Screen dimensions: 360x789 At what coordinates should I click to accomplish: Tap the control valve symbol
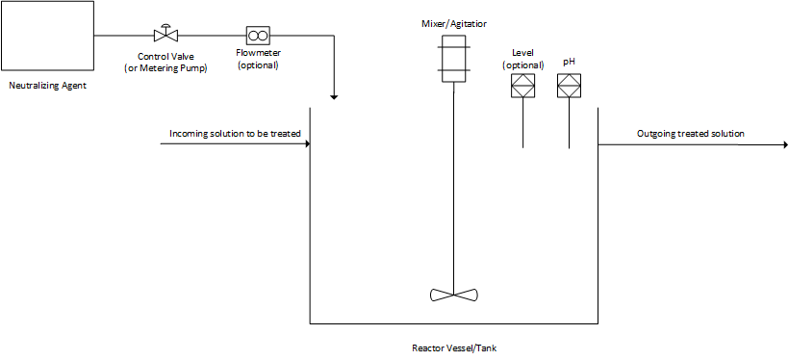[x=165, y=36]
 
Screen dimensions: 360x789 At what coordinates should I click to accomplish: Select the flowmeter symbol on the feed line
[x=257, y=36]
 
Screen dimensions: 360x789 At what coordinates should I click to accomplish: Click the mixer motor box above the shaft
[x=452, y=58]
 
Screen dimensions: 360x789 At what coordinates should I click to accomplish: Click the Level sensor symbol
[x=522, y=87]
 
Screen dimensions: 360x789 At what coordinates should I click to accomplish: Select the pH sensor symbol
[x=569, y=87]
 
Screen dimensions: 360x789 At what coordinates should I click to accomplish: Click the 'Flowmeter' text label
[x=257, y=55]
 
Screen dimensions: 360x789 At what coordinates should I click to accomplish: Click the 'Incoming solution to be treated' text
[x=236, y=133]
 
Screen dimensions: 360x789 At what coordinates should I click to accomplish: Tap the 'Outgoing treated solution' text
[x=690, y=133]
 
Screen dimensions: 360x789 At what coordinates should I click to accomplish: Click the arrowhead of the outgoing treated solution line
[x=782, y=144]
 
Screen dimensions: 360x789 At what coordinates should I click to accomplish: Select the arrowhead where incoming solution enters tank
[x=306, y=144]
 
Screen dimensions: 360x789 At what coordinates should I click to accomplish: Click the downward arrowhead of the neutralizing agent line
[x=334, y=96]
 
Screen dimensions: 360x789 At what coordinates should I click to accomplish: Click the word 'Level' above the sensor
[x=522, y=53]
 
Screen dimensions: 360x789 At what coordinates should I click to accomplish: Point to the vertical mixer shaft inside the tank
[x=452, y=193]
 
